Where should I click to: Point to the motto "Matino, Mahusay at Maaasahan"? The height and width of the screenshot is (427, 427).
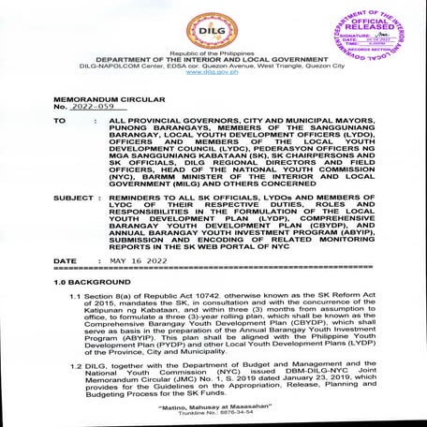[x=213, y=410]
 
